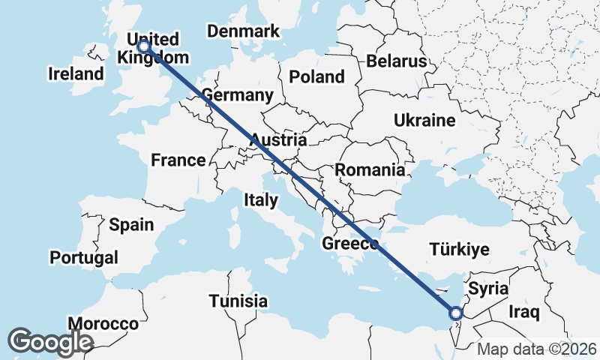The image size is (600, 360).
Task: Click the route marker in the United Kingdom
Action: [143, 46]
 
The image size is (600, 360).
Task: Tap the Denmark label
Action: [243, 31]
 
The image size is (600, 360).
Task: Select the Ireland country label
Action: [75, 74]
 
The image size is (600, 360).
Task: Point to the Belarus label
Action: [397, 61]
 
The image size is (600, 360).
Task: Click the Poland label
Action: [316, 76]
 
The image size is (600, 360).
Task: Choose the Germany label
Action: [237, 96]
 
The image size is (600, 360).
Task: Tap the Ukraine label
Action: [424, 121]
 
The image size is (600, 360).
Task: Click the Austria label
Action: [278, 140]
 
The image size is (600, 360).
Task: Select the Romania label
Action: [370, 170]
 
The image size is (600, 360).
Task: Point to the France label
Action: [178, 160]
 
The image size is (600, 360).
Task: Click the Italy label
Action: [260, 200]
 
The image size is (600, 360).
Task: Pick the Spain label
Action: [131, 224]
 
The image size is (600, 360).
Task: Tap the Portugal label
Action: [84, 257]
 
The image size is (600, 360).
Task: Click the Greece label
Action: [349, 244]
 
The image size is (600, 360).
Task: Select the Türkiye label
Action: [459, 250]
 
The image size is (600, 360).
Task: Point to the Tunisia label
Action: [238, 301]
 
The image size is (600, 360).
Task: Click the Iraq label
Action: [524, 311]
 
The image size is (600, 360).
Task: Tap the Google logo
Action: [50, 341]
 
